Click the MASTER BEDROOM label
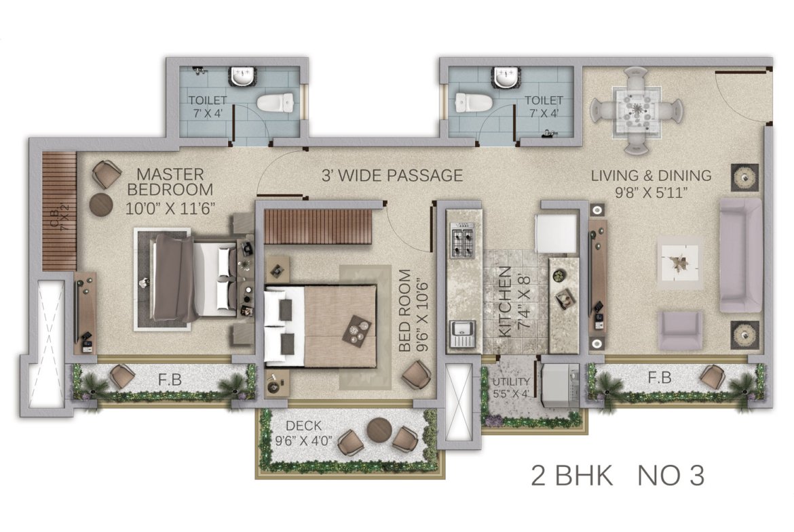170,182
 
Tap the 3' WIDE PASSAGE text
392,176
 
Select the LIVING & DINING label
651,176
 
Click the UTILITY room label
511,382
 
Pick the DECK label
304,426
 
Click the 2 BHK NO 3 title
618,475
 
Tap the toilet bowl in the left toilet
275,102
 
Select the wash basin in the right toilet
504,77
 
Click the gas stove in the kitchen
462,243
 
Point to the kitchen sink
462,333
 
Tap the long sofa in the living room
740,255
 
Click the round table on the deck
379,430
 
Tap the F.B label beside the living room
660,377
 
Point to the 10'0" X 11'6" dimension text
170,208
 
